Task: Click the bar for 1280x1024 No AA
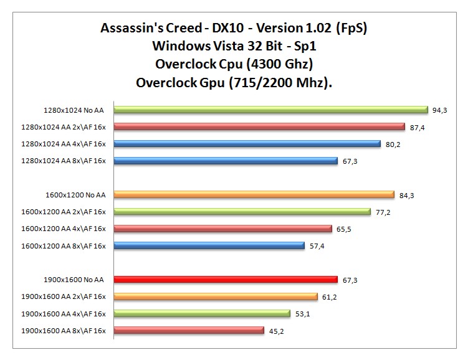pos(271,110)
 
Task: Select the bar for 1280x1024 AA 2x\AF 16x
pos(259,126)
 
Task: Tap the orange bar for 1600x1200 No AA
pos(254,194)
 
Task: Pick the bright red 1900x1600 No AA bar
pos(226,280)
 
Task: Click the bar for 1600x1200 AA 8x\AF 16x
pos(209,245)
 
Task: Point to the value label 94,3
pos(439,110)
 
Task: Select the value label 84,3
pos(407,196)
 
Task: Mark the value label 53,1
pos(303,314)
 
